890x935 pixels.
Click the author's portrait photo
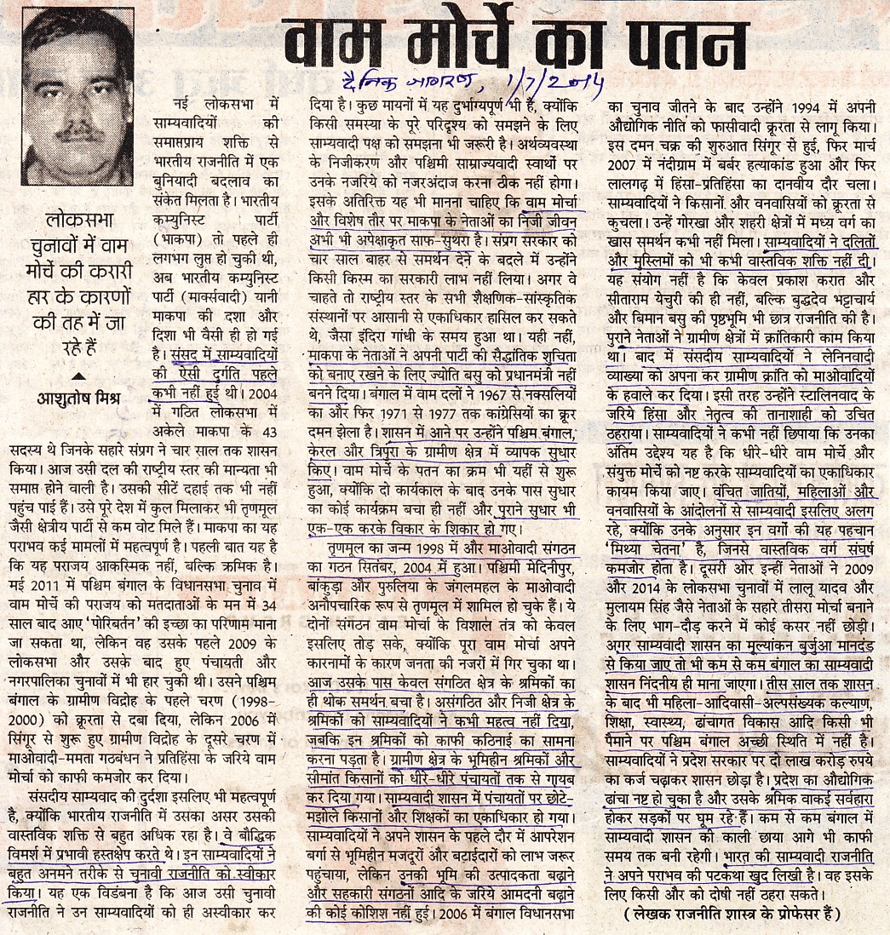pyautogui.click(x=78, y=99)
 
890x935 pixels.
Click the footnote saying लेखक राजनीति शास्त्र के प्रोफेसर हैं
pyautogui.click(x=732, y=915)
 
